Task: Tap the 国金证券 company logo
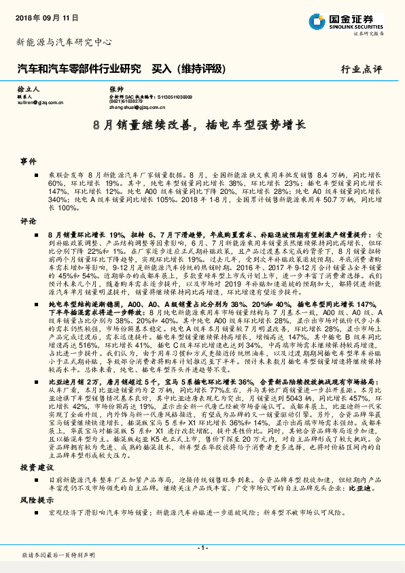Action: (346, 20)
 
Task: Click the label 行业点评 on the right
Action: (361, 69)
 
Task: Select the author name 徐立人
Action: (29, 89)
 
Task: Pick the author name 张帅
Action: (116, 89)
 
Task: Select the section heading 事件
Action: (28, 162)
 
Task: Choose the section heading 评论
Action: (28, 221)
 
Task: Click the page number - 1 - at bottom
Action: (202, 548)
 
